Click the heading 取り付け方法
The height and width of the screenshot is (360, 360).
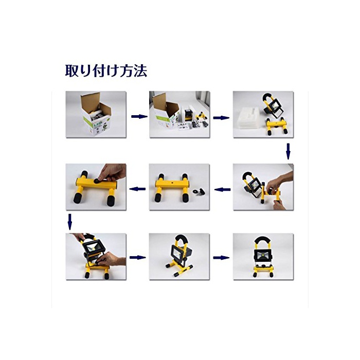click(x=106, y=70)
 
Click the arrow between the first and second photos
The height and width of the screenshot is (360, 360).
click(x=139, y=116)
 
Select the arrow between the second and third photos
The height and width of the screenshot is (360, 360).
click(x=221, y=118)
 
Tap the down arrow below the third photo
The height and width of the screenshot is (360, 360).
click(x=288, y=151)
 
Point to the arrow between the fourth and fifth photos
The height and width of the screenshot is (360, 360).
click(x=223, y=189)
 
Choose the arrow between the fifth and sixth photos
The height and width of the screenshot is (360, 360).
click(x=137, y=189)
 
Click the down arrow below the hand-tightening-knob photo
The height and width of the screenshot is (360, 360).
click(x=70, y=222)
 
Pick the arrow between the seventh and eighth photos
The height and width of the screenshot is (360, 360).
click(x=137, y=257)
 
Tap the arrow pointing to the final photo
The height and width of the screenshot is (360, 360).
click(x=221, y=258)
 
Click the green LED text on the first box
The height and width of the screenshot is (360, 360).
click(x=98, y=125)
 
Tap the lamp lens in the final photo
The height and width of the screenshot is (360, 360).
click(x=263, y=255)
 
